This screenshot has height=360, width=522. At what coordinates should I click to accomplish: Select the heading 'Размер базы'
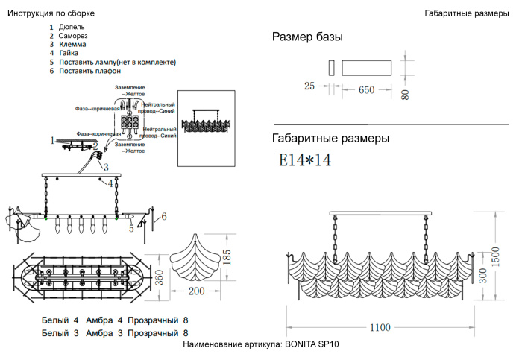[307, 37]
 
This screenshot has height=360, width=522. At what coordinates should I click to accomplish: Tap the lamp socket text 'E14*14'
[304, 160]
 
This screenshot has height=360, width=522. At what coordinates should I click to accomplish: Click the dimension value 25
[309, 86]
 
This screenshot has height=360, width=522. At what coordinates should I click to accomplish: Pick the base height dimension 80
[406, 95]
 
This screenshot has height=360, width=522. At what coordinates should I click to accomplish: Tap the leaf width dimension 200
[195, 291]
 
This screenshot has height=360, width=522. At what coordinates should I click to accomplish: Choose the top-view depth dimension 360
[158, 277]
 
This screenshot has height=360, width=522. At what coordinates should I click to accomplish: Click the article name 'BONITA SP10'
[312, 345]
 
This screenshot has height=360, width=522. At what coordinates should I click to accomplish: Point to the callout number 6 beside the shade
[165, 216]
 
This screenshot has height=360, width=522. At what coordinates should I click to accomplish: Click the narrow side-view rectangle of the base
[330, 68]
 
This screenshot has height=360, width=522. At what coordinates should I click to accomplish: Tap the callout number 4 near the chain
[110, 183]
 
